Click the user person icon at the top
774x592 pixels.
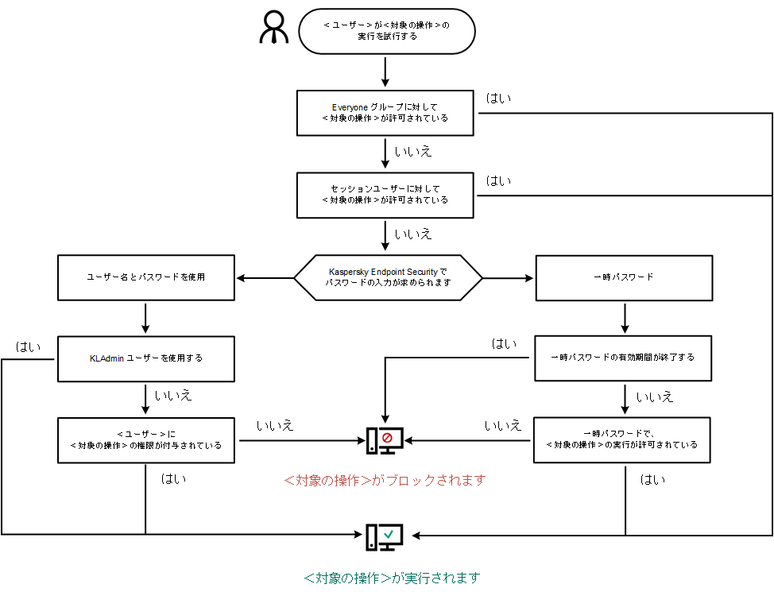pyautogui.click(x=275, y=29)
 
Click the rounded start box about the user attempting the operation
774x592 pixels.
pyautogui.click(x=386, y=31)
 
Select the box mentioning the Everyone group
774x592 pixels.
pyautogui.click(x=385, y=112)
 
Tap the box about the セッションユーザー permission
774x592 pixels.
pyautogui.click(x=385, y=195)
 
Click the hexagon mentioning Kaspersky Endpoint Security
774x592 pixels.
pyautogui.click(x=389, y=277)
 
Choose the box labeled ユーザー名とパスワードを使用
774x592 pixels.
pyautogui.click(x=145, y=277)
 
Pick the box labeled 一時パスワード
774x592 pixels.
pyautogui.click(x=624, y=277)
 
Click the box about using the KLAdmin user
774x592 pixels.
pyautogui.click(x=145, y=358)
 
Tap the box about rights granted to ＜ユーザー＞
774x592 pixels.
pyautogui.click(x=145, y=439)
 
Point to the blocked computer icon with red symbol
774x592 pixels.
pyautogui.click(x=385, y=441)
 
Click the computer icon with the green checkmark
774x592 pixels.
pyautogui.click(x=385, y=538)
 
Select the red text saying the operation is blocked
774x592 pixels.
pyautogui.click(x=384, y=481)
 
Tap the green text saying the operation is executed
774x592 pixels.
pyautogui.click(x=392, y=578)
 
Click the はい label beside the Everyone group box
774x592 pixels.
pyautogui.click(x=498, y=99)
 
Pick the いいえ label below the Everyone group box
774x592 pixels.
pyautogui.click(x=413, y=150)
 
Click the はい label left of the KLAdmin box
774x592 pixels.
pyautogui.click(x=29, y=347)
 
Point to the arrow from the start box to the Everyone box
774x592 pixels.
pyautogui.click(x=385, y=72)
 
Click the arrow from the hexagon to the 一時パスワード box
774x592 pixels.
pyautogui.click(x=509, y=278)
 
